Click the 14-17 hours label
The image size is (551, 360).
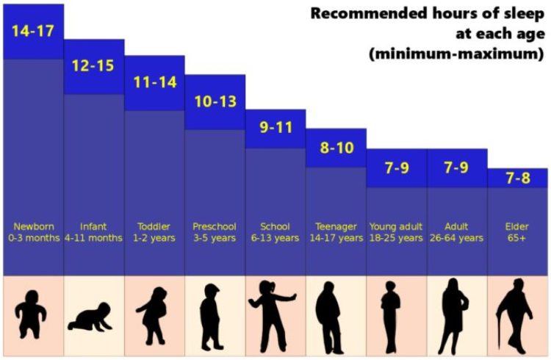click(32, 32)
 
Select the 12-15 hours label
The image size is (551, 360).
click(93, 66)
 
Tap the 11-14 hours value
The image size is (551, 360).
click(154, 82)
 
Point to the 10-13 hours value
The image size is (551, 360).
click(215, 101)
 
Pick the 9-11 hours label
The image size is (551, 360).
click(275, 127)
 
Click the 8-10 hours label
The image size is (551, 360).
click(336, 148)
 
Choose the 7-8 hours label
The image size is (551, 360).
click(518, 177)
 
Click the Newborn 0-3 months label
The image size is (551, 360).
click(32, 232)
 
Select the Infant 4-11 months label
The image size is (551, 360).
click(93, 232)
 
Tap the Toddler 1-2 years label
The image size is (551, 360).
click(154, 232)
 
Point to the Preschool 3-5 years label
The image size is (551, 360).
click(215, 232)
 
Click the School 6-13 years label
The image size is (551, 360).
click(275, 232)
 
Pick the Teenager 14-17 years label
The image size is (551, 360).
click(336, 232)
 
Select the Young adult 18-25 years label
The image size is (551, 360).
click(397, 232)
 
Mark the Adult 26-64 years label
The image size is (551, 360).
click(457, 232)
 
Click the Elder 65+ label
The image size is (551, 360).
click(518, 232)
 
